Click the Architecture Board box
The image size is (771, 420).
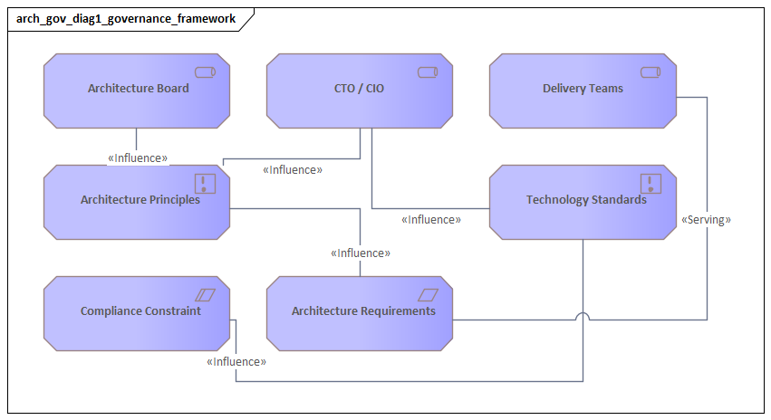(x=137, y=90)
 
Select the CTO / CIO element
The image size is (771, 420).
(x=360, y=90)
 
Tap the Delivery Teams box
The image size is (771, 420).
(x=583, y=90)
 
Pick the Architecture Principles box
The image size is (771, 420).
(x=137, y=201)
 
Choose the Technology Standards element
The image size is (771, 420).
(x=583, y=201)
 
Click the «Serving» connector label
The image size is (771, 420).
(x=706, y=220)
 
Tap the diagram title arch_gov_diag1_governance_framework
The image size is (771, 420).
(x=126, y=18)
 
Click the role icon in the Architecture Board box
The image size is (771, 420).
(x=205, y=72)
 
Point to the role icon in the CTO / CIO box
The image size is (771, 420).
(x=428, y=72)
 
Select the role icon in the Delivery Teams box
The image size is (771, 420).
(x=651, y=72)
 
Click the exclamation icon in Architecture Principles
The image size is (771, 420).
(x=206, y=184)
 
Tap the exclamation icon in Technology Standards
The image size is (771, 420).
(x=651, y=184)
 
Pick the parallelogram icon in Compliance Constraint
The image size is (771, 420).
(x=205, y=295)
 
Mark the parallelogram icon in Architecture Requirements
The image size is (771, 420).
(x=428, y=295)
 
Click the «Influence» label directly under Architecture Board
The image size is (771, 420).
(x=138, y=158)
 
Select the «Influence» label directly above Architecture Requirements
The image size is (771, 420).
(x=361, y=253)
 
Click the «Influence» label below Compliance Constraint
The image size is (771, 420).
(x=236, y=362)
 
